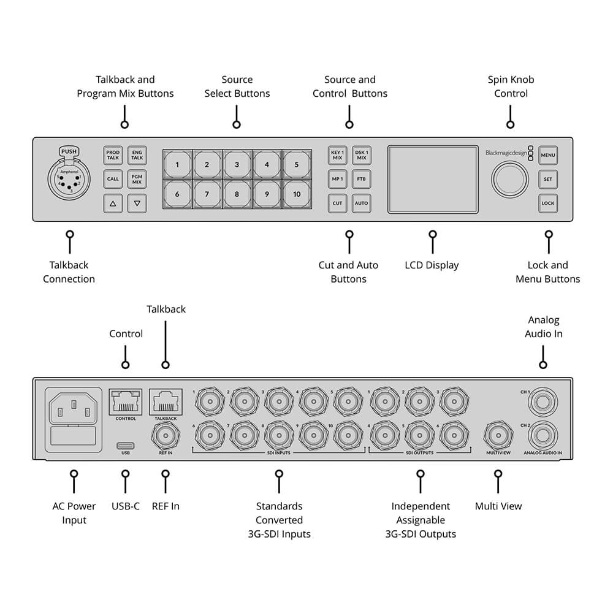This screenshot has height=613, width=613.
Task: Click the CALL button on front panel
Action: pos(113,179)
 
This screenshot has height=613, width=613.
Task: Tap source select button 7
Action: pos(207,194)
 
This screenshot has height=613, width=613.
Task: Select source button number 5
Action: pos(297,164)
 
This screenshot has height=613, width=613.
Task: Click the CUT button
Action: pos(337,203)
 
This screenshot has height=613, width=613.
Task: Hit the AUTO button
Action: pos(362,203)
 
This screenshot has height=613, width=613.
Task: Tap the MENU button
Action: pos(547,156)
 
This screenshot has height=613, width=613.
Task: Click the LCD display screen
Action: pos(433,179)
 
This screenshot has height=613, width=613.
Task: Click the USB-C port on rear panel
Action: pos(126,445)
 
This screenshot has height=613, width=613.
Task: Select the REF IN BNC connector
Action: pos(165,436)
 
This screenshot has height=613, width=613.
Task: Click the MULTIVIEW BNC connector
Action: pos(498,436)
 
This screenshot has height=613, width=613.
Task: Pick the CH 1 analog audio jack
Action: pos(543,402)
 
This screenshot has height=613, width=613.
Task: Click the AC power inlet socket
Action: pos(74,406)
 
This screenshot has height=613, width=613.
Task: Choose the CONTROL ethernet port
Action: pos(126,402)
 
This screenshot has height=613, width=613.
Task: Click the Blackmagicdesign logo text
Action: pos(506,153)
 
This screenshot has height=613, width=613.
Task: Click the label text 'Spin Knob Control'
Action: pos(511,86)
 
